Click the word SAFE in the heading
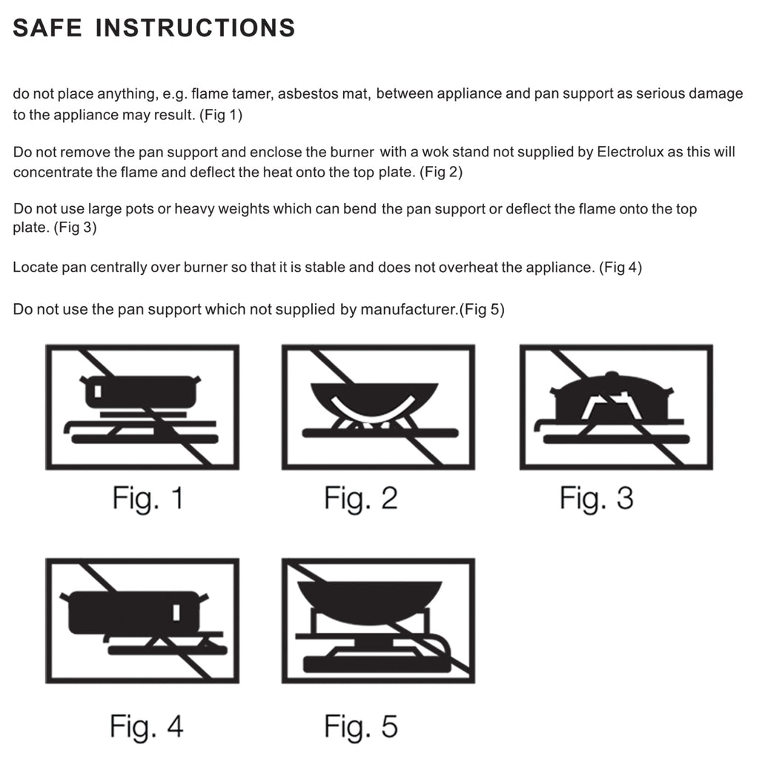[x=47, y=27]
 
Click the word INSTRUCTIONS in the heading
[x=195, y=27]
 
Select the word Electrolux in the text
[x=630, y=152]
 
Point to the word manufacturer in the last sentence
[x=408, y=309]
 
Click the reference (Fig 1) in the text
[x=221, y=115]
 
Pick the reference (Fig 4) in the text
[x=620, y=267]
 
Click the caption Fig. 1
[x=148, y=498]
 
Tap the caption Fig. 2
[x=361, y=498]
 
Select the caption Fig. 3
[x=597, y=498]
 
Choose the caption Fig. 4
[x=147, y=726]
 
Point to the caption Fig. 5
[x=361, y=726]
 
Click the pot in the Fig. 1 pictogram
[x=140, y=391]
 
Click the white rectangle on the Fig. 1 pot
[x=98, y=391]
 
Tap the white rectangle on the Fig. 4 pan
[x=176, y=612]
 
